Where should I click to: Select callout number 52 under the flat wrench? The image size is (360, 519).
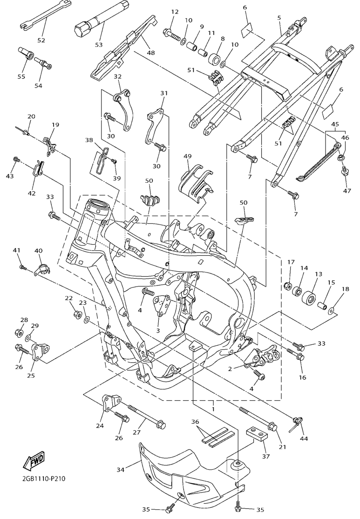[41, 41]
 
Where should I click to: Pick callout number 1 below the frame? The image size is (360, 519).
[214, 409]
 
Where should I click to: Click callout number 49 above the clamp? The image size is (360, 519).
[187, 156]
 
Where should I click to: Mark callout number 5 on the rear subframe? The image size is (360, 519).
[279, 18]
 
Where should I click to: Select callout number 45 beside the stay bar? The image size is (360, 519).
[335, 125]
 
